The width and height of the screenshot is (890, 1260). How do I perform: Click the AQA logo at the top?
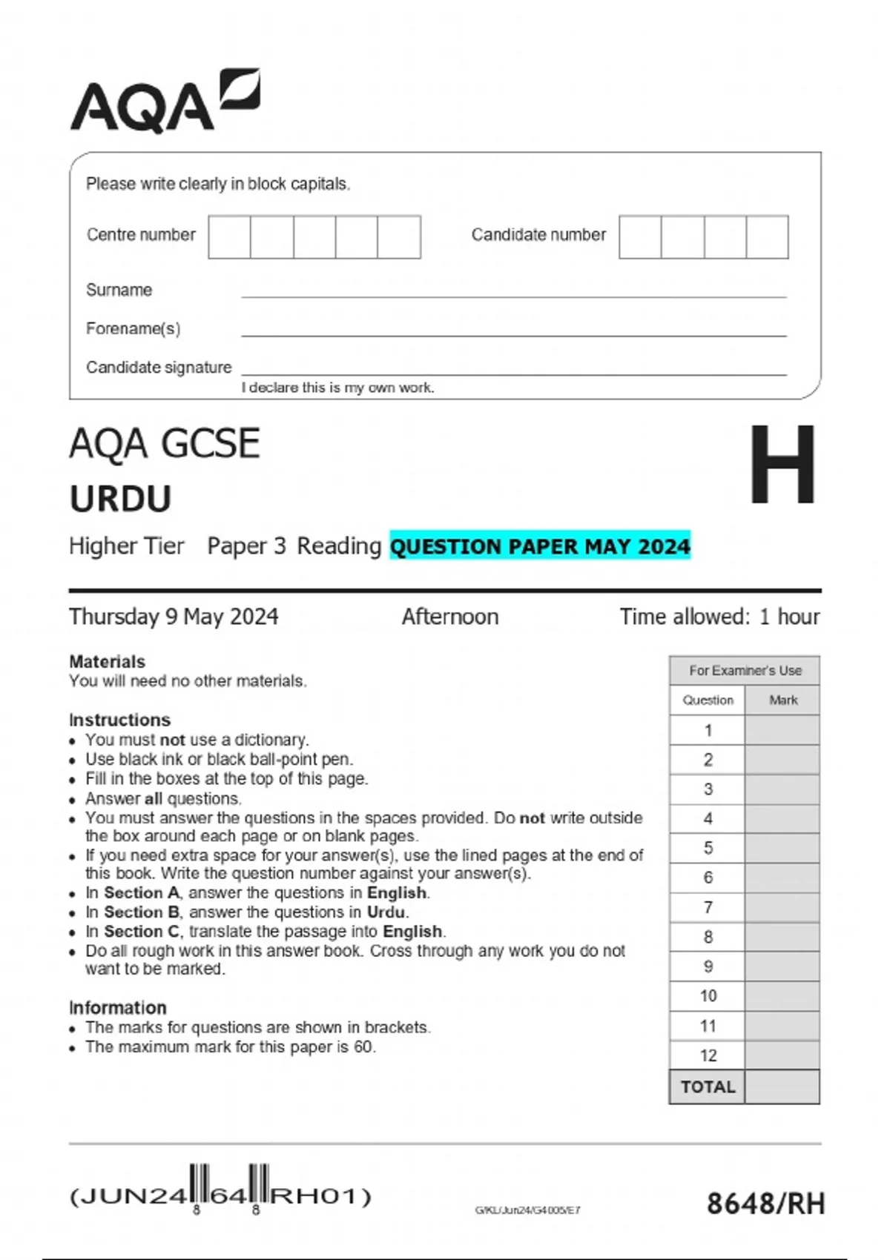click(x=165, y=102)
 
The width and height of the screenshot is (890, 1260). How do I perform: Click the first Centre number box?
click(x=229, y=237)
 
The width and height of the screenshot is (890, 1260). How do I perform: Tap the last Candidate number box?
click(x=767, y=237)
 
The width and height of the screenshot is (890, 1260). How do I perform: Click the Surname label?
click(x=119, y=290)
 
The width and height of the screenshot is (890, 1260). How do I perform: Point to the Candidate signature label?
click(x=159, y=368)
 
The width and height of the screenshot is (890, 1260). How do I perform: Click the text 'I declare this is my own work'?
click(x=337, y=388)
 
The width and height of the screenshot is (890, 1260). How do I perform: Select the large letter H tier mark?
click(x=782, y=465)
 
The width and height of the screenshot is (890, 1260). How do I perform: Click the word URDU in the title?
click(x=120, y=499)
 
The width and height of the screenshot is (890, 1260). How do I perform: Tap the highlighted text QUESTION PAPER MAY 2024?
click(x=540, y=546)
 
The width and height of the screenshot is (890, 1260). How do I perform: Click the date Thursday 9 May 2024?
click(x=174, y=617)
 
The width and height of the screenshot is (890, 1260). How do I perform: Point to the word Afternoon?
click(x=449, y=617)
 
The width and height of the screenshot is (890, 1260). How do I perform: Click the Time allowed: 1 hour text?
click(x=719, y=617)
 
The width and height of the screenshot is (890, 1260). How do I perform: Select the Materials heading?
click(x=107, y=661)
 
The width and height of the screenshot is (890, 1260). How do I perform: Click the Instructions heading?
click(x=119, y=720)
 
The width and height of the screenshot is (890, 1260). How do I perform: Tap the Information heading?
click(x=117, y=1008)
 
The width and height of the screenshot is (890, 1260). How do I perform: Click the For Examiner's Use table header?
click(x=745, y=671)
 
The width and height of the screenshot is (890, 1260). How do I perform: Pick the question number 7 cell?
click(x=708, y=907)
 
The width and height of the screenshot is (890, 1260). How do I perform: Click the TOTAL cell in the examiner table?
click(x=708, y=1087)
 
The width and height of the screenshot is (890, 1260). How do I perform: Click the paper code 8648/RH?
click(x=765, y=1204)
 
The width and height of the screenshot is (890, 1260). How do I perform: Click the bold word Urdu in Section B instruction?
click(x=386, y=912)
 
